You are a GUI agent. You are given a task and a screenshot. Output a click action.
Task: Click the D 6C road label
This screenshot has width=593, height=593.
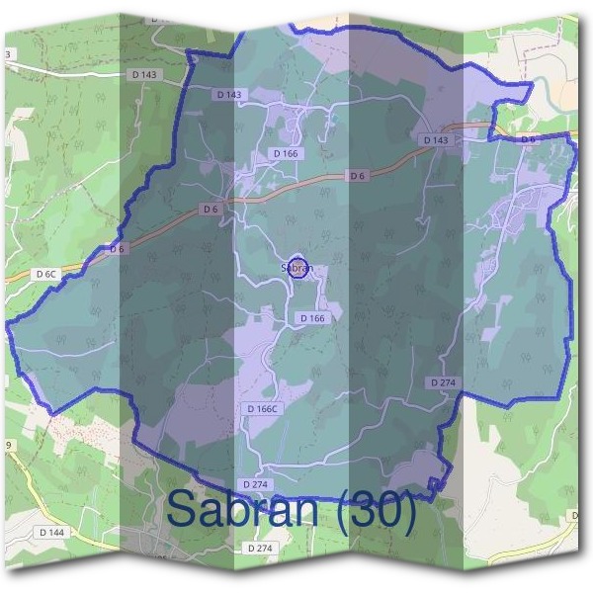(x=46, y=274)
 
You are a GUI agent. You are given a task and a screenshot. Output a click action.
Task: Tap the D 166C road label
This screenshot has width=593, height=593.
(x=265, y=408)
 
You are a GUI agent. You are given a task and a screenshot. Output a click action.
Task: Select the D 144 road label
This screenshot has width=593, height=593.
(x=52, y=532)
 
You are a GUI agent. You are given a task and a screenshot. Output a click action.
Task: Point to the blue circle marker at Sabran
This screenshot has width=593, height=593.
(x=302, y=267)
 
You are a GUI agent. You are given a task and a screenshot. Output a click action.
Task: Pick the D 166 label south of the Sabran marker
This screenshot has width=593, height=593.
(x=311, y=318)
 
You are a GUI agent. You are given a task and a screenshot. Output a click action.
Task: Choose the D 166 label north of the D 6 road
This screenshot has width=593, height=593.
(x=286, y=154)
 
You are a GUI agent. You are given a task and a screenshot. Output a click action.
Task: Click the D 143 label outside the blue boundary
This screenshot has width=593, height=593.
(x=142, y=73)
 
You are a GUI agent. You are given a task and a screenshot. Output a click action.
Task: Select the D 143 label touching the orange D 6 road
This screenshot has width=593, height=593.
(x=436, y=140)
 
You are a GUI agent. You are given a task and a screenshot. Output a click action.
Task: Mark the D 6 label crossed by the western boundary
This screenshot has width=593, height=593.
(x=117, y=249)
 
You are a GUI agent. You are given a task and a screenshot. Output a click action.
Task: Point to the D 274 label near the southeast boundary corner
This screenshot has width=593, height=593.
(x=442, y=381)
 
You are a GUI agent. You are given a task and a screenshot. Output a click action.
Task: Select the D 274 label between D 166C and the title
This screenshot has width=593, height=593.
(x=255, y=484)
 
